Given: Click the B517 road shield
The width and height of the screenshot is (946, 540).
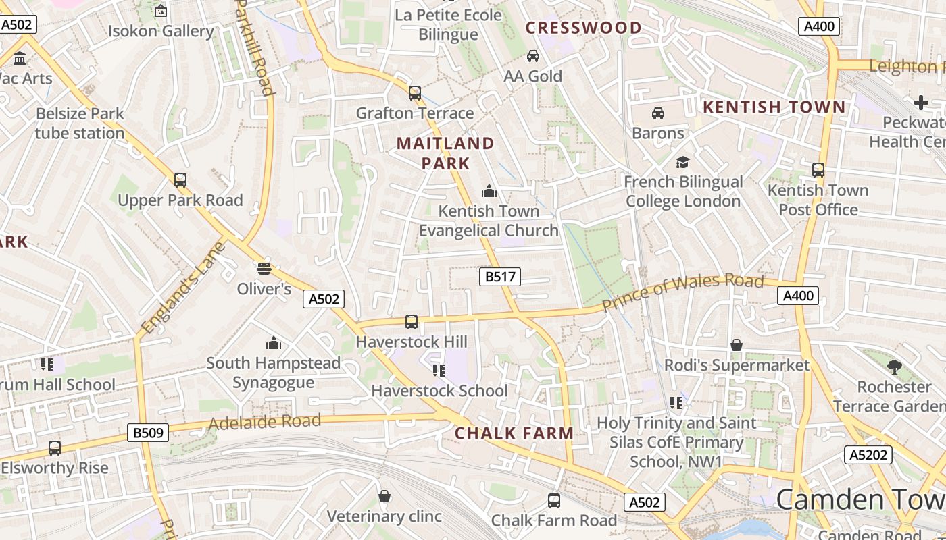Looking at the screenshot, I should click(500, 276).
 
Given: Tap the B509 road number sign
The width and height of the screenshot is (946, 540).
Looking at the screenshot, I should click(148, 433).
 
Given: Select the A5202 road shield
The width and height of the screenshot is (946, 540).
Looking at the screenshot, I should click(868, 454).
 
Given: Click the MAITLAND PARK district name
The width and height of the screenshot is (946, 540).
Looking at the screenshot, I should click(445, 153).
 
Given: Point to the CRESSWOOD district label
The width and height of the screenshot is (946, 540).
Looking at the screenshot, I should click(584, 28).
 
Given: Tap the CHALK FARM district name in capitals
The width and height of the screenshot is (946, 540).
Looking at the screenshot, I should click(514, 433).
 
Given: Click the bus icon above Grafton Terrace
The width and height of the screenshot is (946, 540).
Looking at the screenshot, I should click(415, 92).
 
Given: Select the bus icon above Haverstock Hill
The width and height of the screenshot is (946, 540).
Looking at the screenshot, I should click(412, 322).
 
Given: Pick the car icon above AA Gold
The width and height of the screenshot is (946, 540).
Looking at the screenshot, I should click(533, 56).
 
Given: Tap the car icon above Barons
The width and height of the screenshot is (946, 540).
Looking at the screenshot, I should click(658, 113).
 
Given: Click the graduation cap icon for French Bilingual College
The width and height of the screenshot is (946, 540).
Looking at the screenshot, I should click(682, 162).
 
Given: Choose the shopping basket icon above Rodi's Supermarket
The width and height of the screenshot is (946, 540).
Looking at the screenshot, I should click(737, 346).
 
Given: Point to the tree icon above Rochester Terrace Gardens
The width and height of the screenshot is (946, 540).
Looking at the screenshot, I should click(895, 367).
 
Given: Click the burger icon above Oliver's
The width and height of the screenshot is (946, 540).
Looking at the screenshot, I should click(264, 268).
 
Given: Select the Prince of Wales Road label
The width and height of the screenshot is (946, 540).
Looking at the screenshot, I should click(682, 292).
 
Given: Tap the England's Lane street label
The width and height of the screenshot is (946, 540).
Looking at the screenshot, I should click(182, 287).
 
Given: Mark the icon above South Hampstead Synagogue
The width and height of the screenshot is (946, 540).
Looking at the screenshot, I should click(274, 343).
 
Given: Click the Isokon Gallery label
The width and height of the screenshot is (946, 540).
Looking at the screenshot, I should click(161, 31).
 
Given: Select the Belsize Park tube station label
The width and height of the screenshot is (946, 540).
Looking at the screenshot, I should click(80, 124).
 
